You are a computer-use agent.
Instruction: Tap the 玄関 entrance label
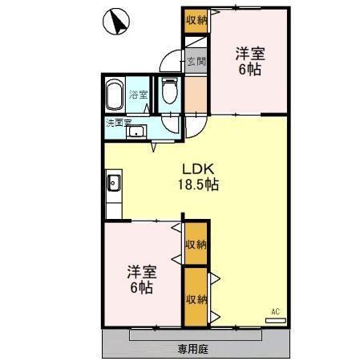coord(196,61)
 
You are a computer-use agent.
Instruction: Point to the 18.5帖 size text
coord(198,185)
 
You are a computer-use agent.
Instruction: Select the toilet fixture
coord(169,92)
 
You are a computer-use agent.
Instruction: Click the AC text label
coord(274,310)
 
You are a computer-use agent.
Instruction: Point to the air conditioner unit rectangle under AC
coord(275,319)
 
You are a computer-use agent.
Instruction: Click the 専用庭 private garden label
coord(193,349)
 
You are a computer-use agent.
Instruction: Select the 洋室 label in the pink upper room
coord(249,54)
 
